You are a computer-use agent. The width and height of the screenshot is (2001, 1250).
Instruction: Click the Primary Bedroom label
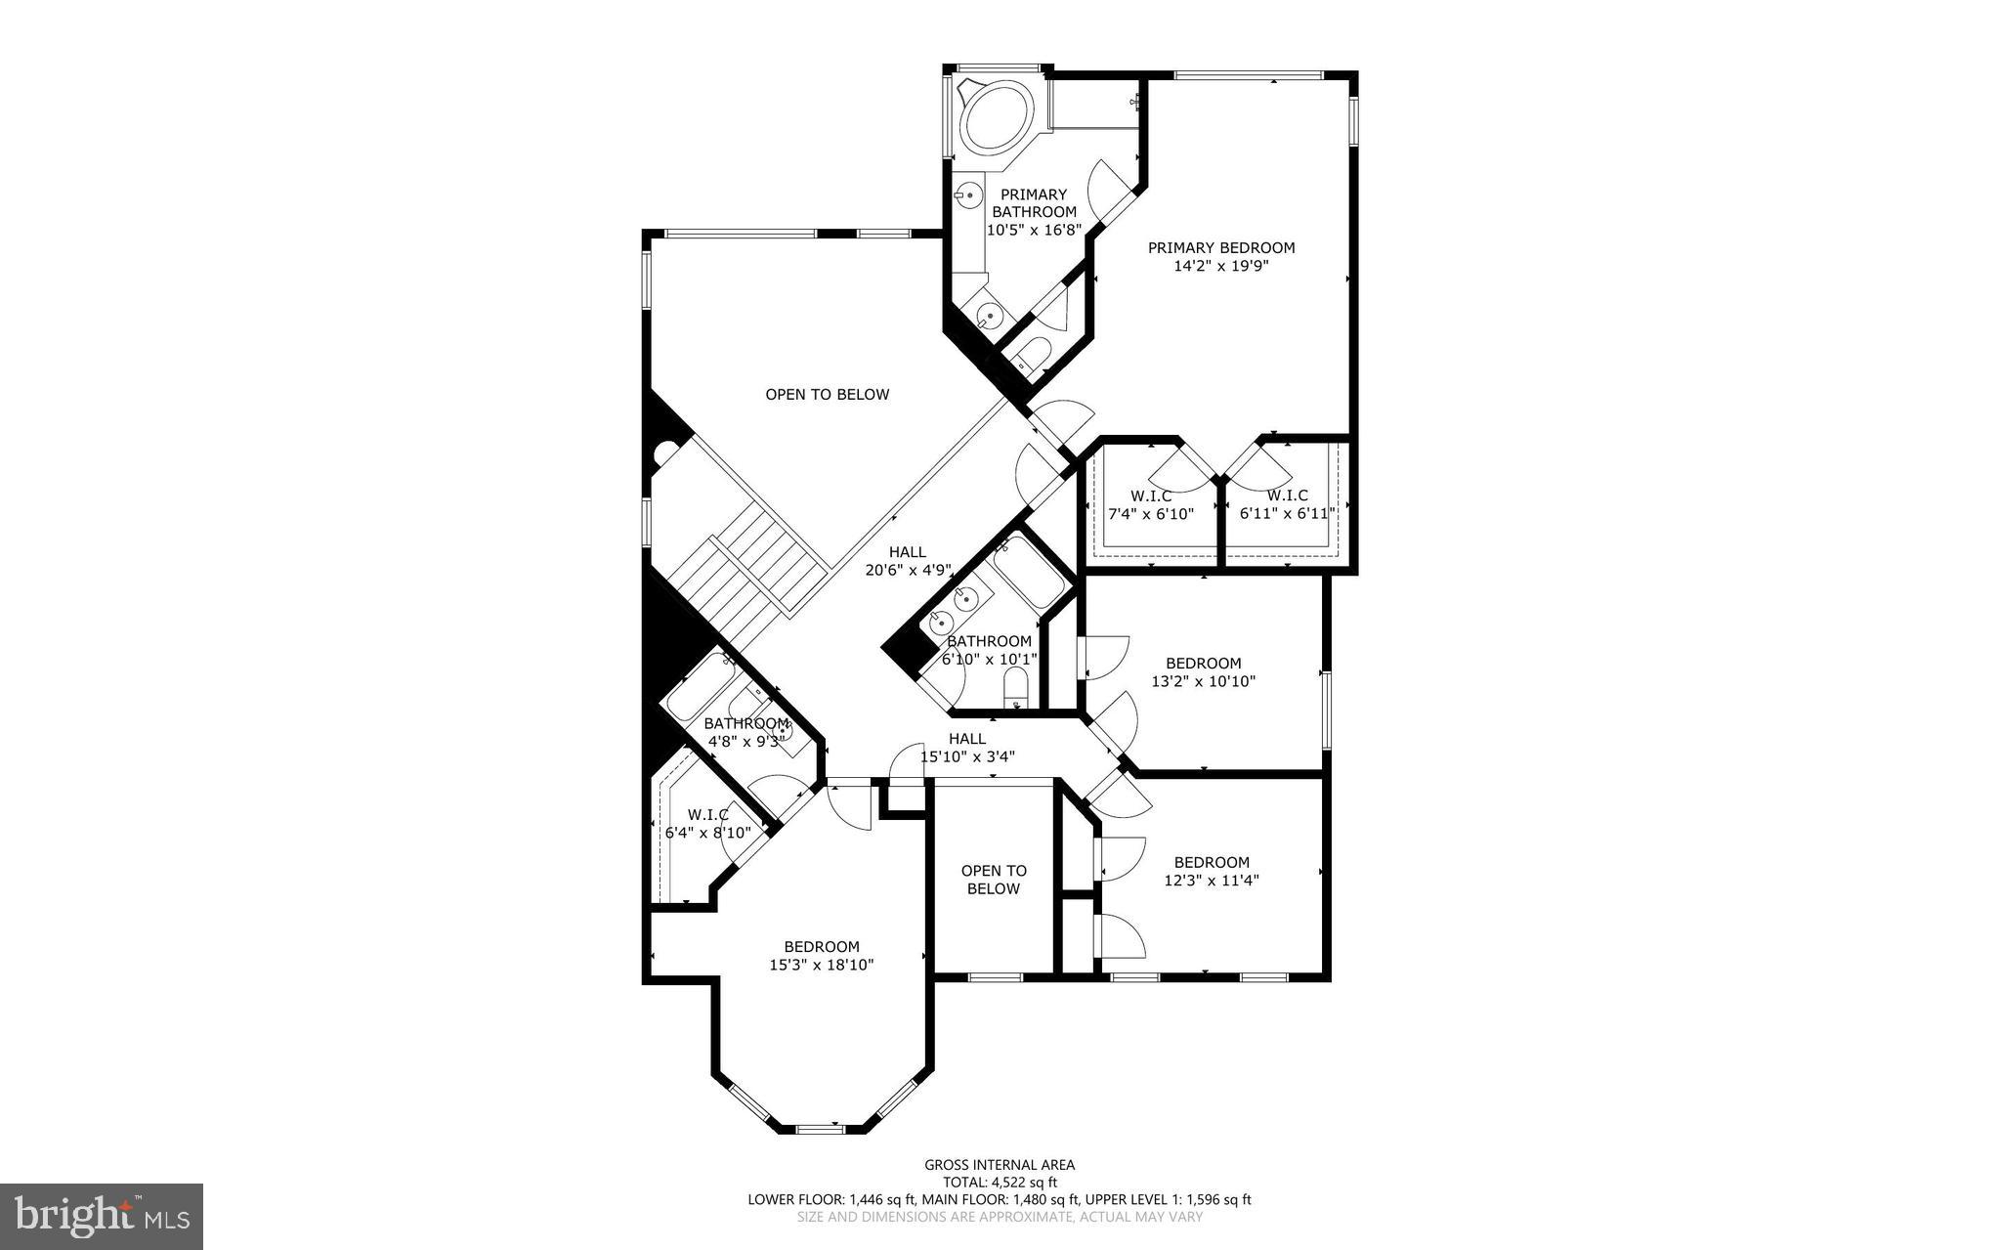pos(1220,248)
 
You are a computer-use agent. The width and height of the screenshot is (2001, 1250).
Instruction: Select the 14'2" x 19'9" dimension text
pos(1220,266)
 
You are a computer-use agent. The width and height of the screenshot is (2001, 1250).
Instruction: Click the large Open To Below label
pos(827,395)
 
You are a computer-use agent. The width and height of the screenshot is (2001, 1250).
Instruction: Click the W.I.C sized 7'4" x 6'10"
pos(1151,504)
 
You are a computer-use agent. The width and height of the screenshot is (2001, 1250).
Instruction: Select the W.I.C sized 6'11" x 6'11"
pos(1287,504)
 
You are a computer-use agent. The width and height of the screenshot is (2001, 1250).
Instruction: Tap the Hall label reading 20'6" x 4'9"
pos(908,561)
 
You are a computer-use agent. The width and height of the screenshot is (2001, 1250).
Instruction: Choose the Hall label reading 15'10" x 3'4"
pos(966,748)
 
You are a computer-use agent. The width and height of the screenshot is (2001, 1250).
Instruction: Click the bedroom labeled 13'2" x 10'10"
pos(1203,672)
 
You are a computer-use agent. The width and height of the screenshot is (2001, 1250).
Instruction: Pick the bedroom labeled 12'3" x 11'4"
pos(1211,871)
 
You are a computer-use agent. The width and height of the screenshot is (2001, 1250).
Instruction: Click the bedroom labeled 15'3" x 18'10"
pos(821,956)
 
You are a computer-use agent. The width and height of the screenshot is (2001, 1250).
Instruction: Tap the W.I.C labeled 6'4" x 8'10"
pos(706,824)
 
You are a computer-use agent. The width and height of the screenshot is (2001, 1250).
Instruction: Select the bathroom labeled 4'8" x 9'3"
pos(745,732)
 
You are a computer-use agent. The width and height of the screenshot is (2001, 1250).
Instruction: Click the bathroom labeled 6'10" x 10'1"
pos(988,650)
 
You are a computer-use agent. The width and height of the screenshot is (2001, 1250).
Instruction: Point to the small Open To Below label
pos(993,880)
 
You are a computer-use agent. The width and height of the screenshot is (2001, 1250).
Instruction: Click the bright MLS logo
pos(102,1216)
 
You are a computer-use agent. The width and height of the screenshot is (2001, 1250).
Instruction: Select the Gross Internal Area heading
pos(1000,1165)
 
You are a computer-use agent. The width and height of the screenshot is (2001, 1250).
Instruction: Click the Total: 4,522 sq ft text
pos(1000,1183)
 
